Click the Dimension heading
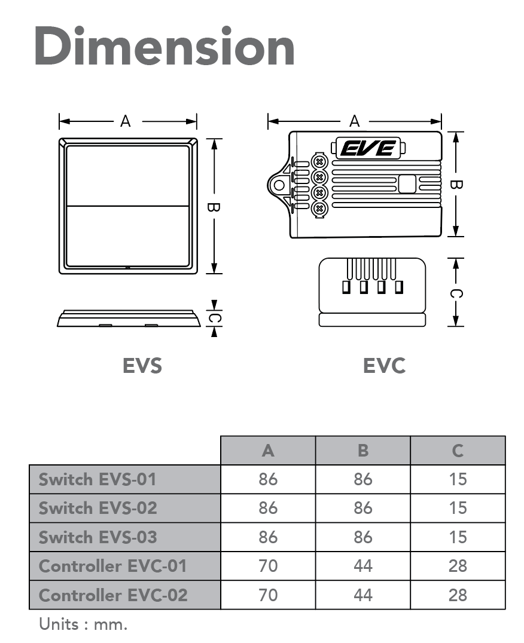(164, 47)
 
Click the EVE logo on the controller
(367, 148)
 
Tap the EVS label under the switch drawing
(142, 365)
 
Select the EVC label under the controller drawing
(385, 365)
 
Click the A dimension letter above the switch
(125, 121)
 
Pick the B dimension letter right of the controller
(455, 185)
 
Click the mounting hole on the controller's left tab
(279, 185)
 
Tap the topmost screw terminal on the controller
(319, 162)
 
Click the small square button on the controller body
(407, 184)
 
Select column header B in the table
(362, 451)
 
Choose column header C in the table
(458, 451)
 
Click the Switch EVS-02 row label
(98, 508)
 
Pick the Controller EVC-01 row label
(112, 566)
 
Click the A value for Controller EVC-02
(268, 595)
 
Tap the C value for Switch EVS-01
(458, 479)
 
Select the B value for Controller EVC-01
(362, 566)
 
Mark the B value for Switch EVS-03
(362, 537)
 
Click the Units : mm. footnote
(83, 624)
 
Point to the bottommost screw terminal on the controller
(319, 208)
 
